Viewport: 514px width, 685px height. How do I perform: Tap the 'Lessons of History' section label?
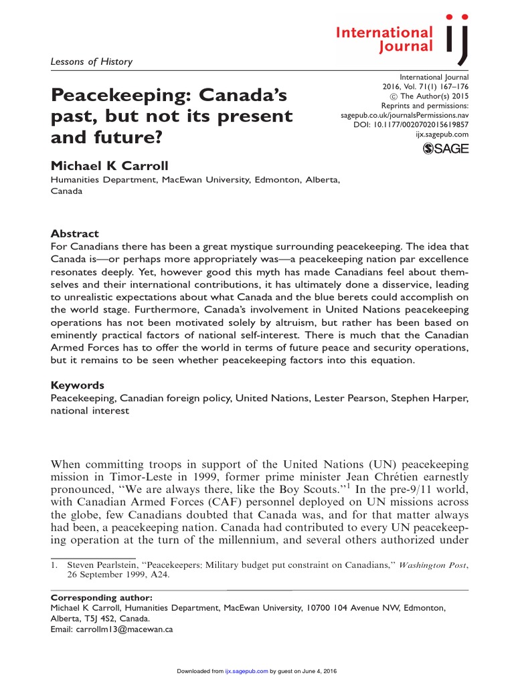pos(92,62)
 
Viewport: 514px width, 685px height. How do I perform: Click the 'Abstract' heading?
pos(75,233)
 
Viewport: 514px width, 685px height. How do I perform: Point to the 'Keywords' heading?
pos(78,386)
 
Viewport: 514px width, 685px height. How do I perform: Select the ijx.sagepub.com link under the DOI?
pos(442,134)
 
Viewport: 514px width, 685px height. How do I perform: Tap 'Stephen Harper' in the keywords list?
pos(430,398)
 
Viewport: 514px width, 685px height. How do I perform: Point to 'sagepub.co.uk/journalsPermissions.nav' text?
pos(405,115)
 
